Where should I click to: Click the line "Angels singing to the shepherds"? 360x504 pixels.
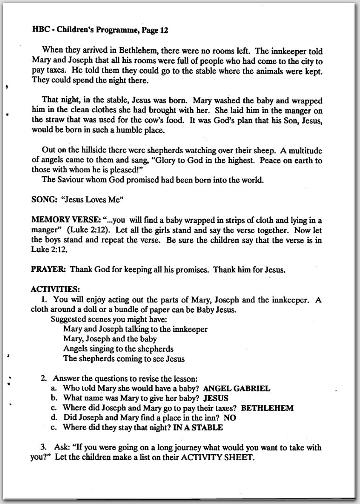118,349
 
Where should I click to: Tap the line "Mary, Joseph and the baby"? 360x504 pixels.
110,339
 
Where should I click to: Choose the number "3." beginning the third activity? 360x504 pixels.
43,447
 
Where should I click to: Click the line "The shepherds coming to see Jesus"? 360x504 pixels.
124,359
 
